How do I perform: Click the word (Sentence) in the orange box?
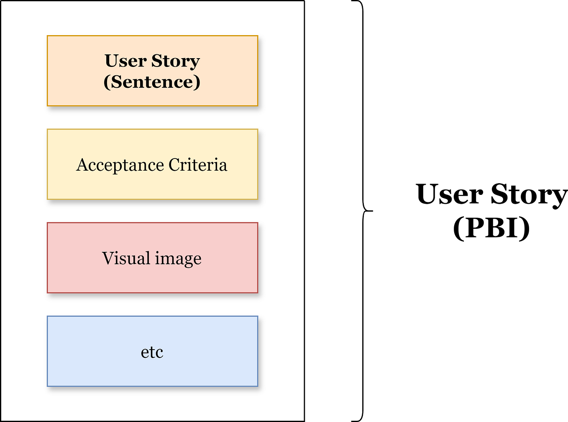152,82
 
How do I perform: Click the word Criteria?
198,165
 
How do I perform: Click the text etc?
152,352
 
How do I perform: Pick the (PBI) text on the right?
491,228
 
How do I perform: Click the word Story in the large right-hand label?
529,194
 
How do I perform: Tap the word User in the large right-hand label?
450,194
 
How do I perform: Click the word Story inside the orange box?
176,61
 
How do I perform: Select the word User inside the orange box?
125,61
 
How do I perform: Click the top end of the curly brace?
353,1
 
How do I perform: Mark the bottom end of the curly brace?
353,420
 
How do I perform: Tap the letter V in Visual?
108,258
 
